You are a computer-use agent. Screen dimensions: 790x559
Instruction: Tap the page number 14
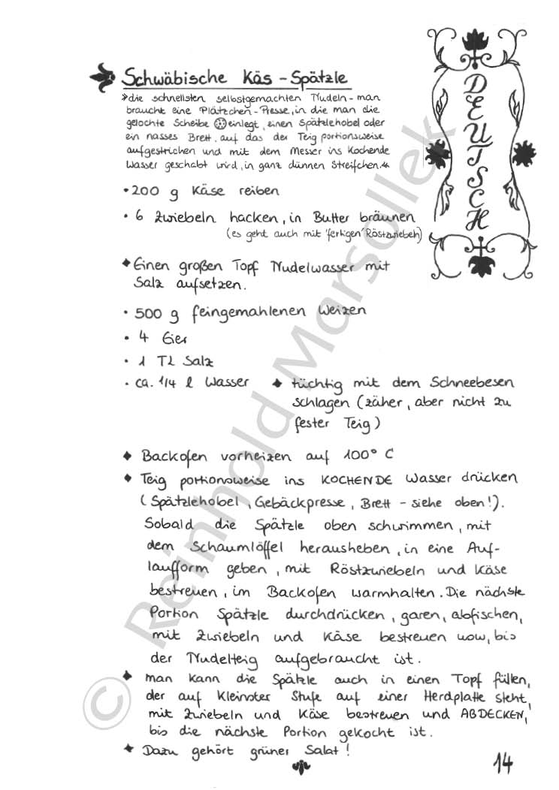(503, 762)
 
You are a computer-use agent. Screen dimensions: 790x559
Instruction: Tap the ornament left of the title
(102, 75)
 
